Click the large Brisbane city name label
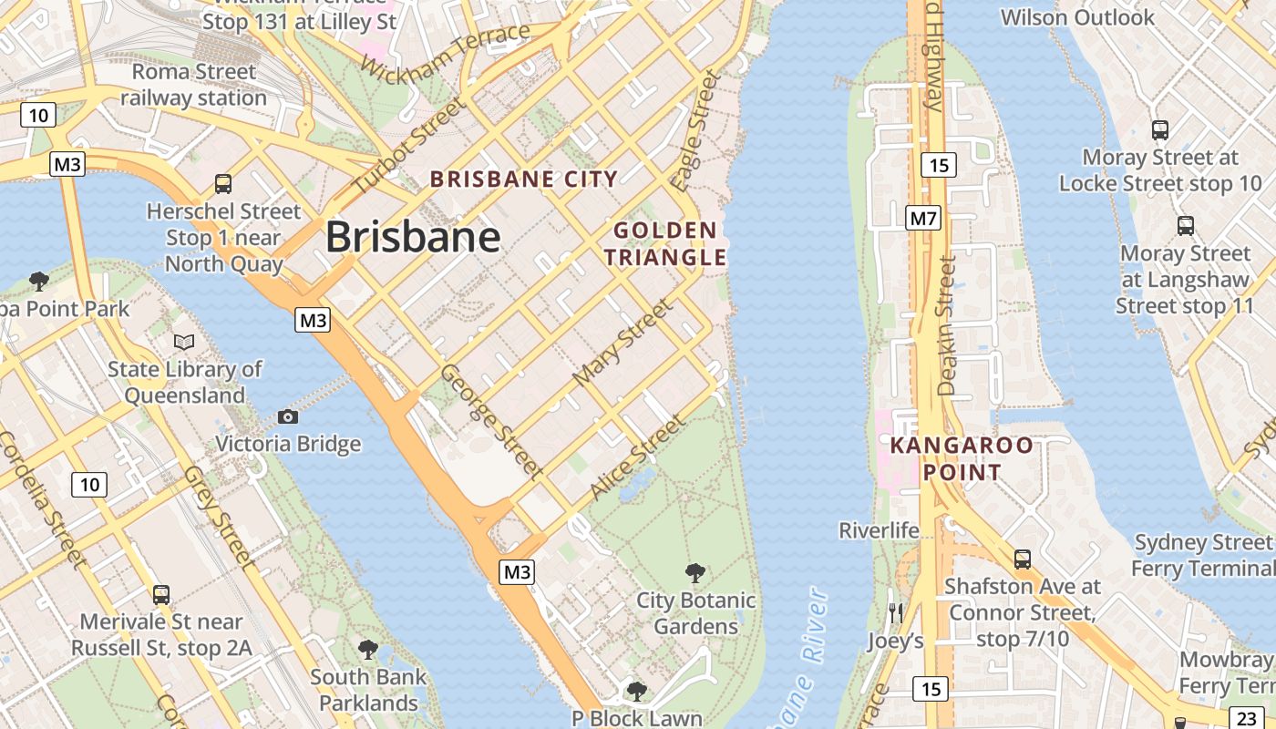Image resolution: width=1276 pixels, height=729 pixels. [x=413, y=238]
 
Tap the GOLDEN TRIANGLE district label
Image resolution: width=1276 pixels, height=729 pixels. [x=665, y=243]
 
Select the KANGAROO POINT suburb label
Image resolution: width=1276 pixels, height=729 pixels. [x=962, y=458]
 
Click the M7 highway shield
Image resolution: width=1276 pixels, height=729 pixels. [x=923, y=219]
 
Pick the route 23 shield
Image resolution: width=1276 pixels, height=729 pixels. [x=1246, y=716]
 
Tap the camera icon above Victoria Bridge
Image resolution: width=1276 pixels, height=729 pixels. [x=288, y=416]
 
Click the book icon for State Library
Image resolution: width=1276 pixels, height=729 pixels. [x=184, y=342]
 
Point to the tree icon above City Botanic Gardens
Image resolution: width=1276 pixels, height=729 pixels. [x=695, y=573]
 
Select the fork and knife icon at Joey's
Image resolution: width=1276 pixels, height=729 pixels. [x=896, y=612]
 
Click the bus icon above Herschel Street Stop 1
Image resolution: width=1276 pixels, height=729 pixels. [x=223, y=183]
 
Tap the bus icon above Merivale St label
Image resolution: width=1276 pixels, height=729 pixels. [x=161, y=594]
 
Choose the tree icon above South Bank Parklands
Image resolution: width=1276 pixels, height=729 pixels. [x=367, y=649]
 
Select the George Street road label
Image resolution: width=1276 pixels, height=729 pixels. [x=491, y=421]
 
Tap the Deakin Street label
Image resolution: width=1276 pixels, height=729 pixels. [x=947, y=325]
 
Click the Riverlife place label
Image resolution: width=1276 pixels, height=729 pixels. [x=880, y=529]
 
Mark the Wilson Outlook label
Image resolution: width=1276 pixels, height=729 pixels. [x=1077, y=17]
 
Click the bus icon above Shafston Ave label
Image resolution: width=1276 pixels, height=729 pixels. [x=1023, y=559]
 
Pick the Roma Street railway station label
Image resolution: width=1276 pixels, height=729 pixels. [x=193, y=84]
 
